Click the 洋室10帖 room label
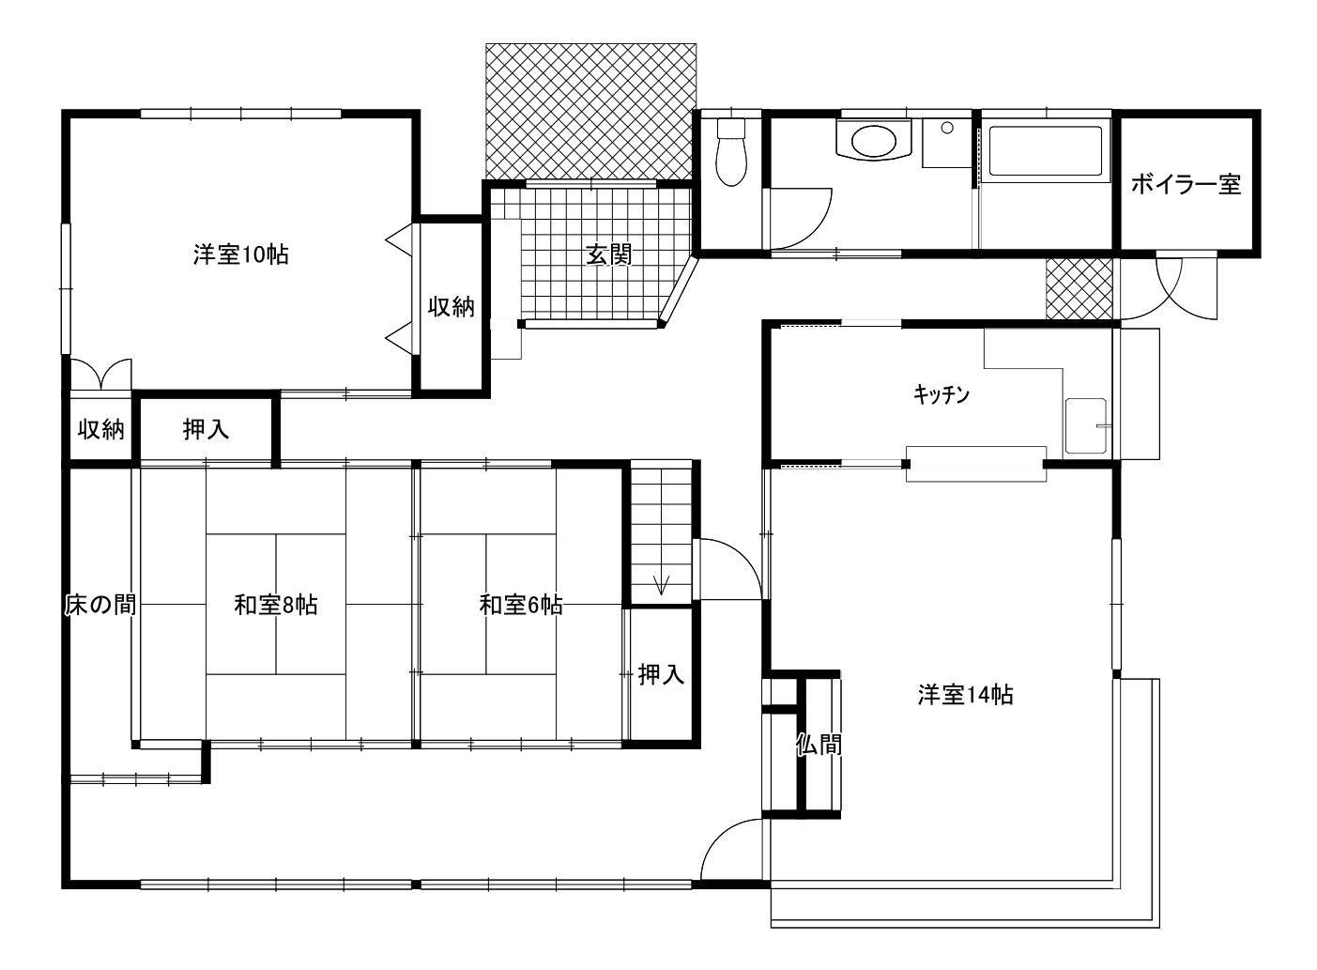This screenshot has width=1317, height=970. click(241, 254)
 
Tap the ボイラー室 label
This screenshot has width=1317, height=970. click(1186, 185)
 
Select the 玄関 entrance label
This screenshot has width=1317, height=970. click(609, 254)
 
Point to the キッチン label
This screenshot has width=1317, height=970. click(942, 394)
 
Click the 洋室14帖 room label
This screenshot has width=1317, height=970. click(965, 695)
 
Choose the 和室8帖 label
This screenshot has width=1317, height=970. click(276, 605)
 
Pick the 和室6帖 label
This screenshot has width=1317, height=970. click(521, 605)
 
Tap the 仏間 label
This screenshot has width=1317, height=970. click(819, 745)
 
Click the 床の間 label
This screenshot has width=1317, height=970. click(100, 605)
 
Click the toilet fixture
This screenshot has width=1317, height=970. click(731, 152)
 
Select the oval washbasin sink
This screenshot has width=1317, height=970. click(874, 142)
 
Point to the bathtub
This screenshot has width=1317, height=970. click(1046, 151)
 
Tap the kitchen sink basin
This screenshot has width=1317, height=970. click(1086, 426)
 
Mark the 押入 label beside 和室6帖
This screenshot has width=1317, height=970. click(662, 674)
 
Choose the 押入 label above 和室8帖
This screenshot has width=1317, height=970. click(206, 429)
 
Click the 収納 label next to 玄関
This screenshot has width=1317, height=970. click(451, 306)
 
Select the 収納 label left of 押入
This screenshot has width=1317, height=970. click(101, 429)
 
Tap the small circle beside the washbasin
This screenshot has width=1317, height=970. click(946, 127)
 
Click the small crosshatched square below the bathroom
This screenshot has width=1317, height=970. click(1080, 289)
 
